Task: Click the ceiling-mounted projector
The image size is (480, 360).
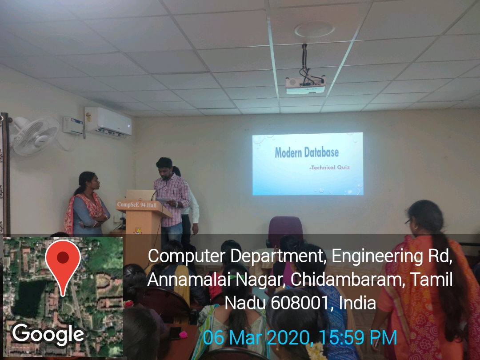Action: [305, 84]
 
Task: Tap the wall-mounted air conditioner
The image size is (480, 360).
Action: [108, 122]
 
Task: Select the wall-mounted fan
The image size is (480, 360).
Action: [34, 136]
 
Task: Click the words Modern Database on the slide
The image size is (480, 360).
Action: [307, 152]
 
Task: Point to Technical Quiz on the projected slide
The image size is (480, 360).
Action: [330, 168]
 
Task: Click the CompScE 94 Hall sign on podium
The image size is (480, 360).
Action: [136, 205]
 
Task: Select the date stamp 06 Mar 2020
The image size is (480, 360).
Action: [256, 338]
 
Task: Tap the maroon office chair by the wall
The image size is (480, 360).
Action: [285, 231]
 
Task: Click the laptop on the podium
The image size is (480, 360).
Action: [140, 195]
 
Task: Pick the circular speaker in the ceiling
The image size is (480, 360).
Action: [314, 29]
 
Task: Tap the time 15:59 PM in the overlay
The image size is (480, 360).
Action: [358, 338]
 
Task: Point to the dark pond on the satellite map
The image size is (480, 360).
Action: [29, 299]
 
